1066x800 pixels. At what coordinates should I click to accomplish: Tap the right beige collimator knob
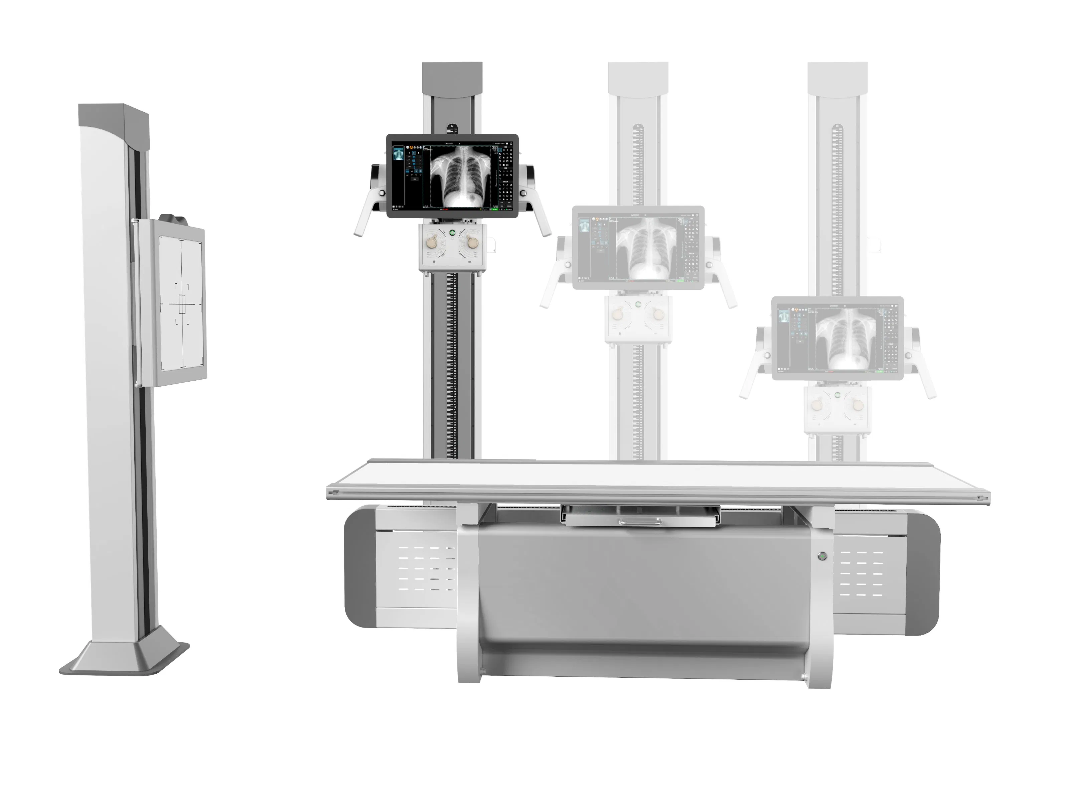473,241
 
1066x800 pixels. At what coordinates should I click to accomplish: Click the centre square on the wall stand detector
182,304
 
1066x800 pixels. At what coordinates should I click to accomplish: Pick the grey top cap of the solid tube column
452,78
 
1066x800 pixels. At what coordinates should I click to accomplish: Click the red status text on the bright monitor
445,209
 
